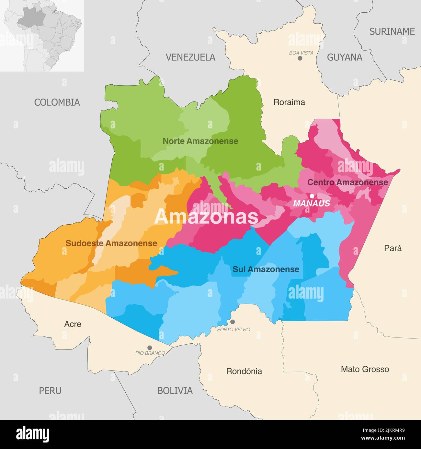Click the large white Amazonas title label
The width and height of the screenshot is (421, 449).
tap(206, 217)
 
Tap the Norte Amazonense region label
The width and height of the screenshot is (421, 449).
tap(200, 141)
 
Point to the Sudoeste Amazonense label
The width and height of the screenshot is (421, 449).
tap(111, 243)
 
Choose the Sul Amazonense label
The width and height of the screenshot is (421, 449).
tap(266, 269)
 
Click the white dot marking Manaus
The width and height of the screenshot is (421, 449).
tap(312, 196)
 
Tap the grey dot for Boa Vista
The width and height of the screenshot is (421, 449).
tap(300, 58)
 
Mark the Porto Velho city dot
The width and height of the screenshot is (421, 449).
tap(233, 322)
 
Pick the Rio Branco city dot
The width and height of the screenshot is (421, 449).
tap(150, 348)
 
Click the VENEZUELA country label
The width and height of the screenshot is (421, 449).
tap(190, 57)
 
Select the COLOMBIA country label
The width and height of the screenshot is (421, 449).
tap(57, 102)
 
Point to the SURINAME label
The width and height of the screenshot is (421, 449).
tap(392, 31)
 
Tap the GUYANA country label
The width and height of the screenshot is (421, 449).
tap(344, 57)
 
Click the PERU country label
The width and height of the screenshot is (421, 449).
tap(50, 391)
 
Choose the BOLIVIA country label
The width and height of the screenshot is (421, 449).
tap(175, 391)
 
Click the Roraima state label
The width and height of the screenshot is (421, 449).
tap(289, 102)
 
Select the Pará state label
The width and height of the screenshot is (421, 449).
tap(393, 248)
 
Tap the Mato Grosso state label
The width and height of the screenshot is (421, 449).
tap(365, 369)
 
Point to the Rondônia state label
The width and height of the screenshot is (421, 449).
tap(244, 371)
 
